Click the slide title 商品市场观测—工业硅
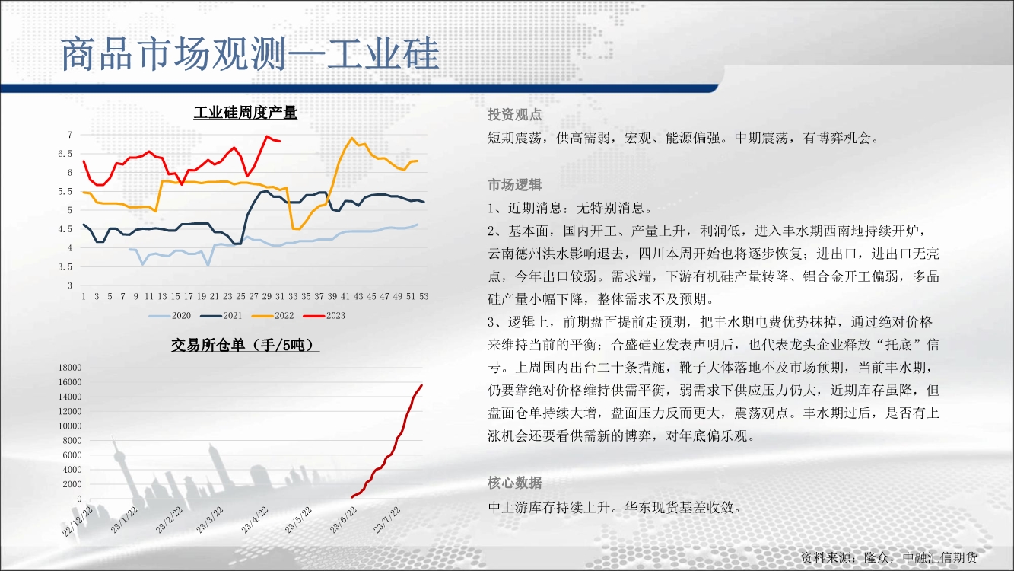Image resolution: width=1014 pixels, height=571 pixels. (250, 54)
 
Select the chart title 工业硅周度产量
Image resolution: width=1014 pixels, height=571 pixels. (246, 113)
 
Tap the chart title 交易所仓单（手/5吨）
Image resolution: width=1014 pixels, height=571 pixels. (246, 346)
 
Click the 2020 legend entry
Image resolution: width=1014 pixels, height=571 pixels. (170, 316)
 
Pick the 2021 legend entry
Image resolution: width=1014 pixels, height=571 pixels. (221, 316)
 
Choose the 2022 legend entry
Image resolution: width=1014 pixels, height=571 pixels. (273, 316)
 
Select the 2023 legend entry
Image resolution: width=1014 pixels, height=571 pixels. (324, 316)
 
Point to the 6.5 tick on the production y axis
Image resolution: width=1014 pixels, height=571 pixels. (65, 154)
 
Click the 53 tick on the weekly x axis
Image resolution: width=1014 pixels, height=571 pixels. (424, 296)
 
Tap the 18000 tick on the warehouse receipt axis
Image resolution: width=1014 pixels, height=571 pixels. (70, 368)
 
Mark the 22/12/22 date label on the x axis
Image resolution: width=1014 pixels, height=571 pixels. (78, 522)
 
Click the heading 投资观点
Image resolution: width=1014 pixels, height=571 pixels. (515, 115)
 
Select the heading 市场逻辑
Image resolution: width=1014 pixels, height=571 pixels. (515, 185)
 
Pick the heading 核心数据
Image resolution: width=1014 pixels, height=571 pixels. (515, 483)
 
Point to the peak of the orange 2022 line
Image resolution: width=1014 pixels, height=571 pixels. (352, 138)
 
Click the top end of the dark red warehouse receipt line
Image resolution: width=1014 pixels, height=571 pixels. (422, 385)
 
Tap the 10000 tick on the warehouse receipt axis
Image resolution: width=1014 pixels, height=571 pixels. (70, 426)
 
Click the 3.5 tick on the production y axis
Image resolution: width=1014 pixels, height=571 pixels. (65, 267)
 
